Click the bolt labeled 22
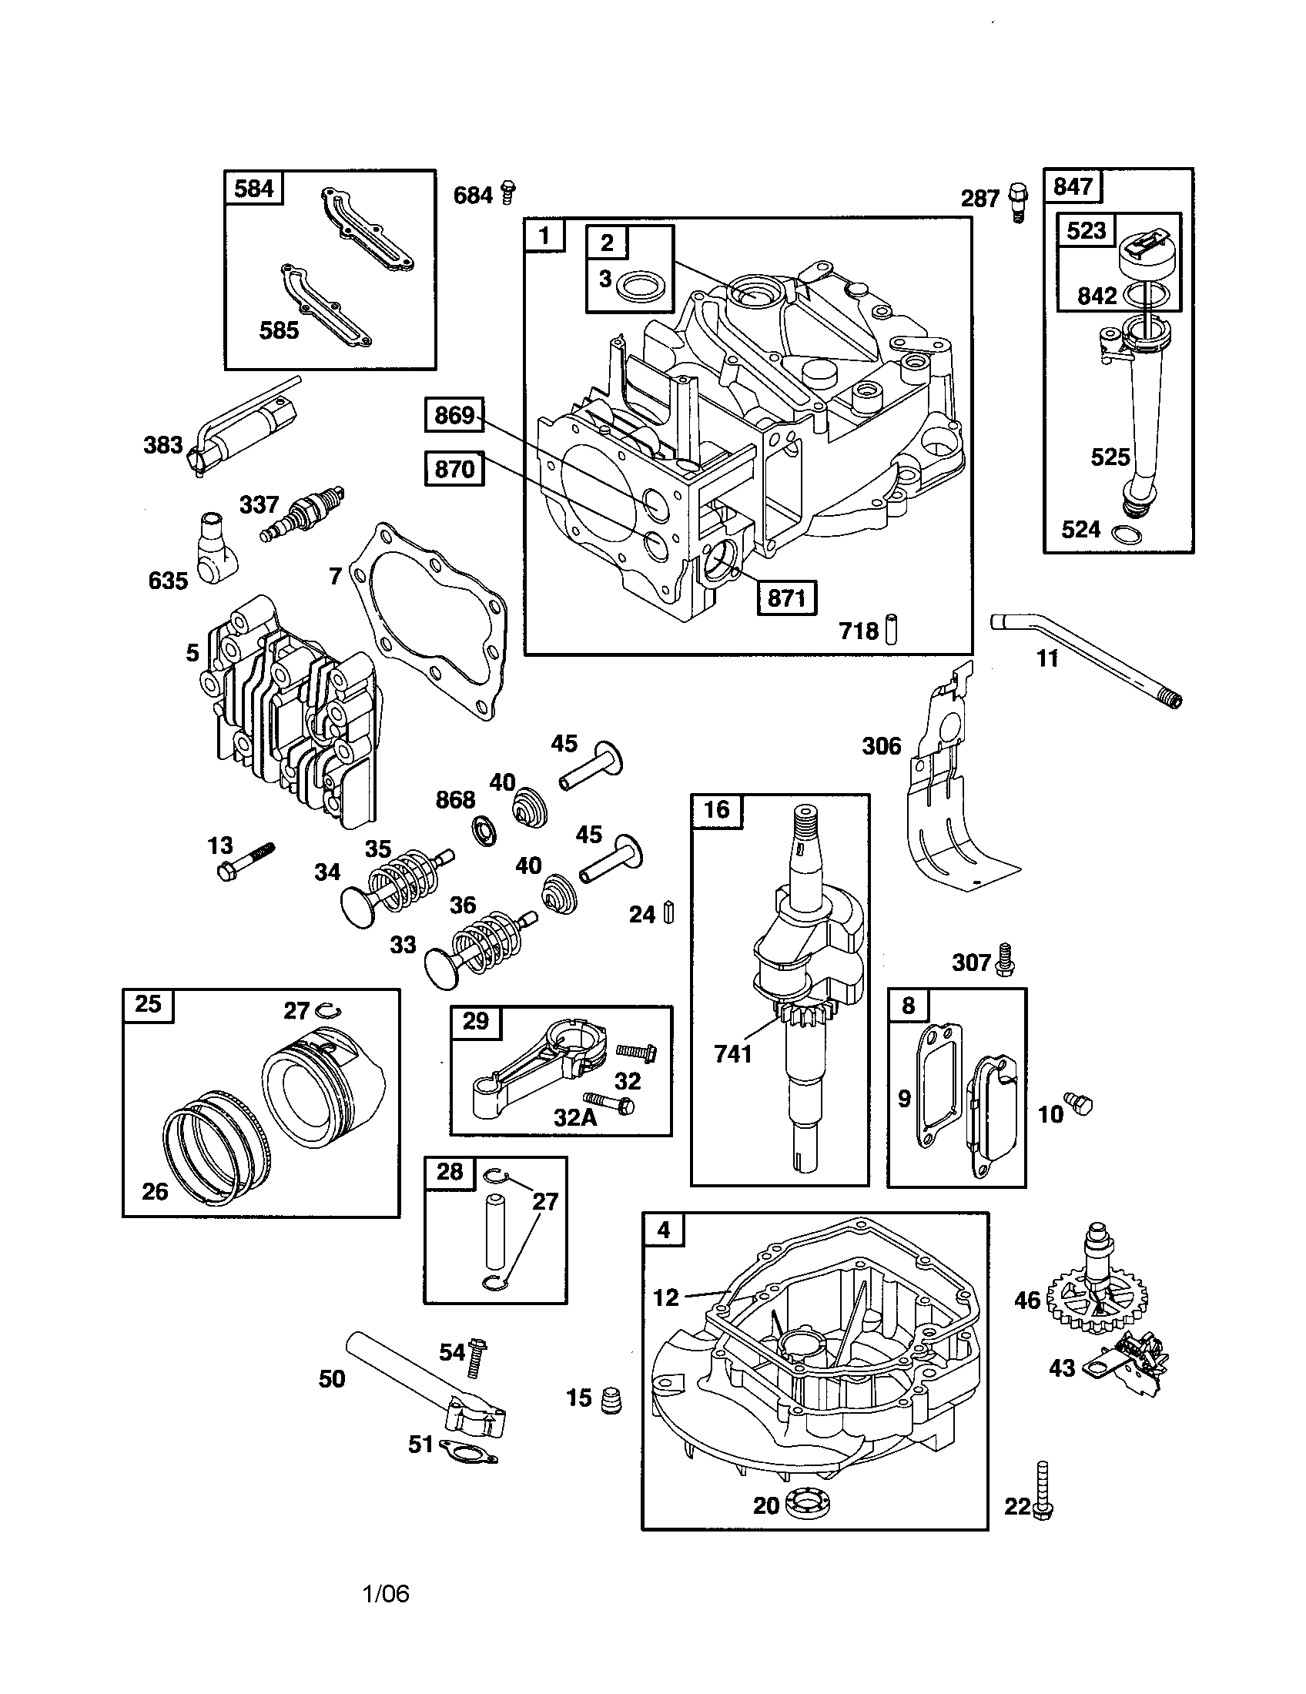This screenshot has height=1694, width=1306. point(1042,1490)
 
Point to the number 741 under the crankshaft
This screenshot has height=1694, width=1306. point(733,1054)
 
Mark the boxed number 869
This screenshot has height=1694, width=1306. point(454,415)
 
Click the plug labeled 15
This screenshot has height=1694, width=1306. point(611,1399)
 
